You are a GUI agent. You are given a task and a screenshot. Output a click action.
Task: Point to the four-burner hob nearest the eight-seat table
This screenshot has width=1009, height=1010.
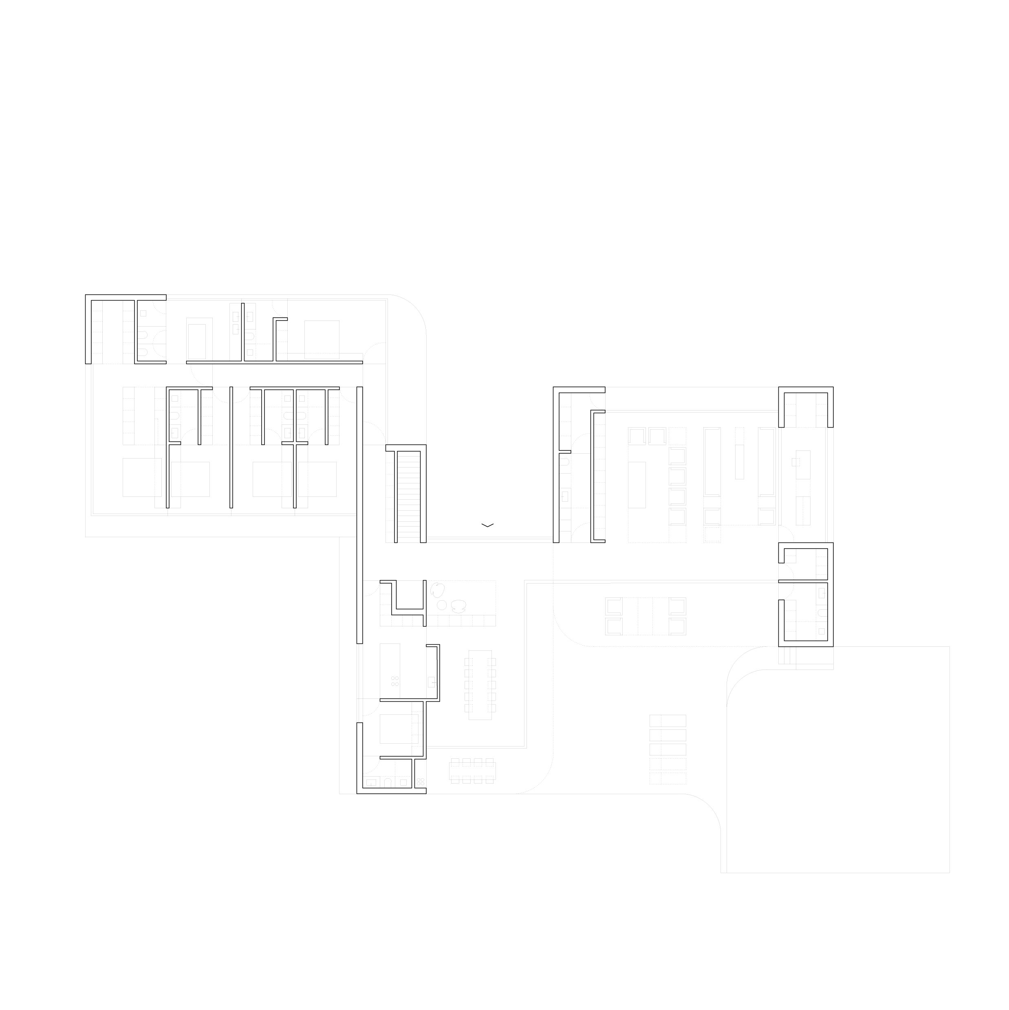pyautogui.click(x=420, y=782)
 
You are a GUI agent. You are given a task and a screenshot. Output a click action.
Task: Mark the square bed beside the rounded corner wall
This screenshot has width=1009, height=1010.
pyautogui.click(x=322, y=339)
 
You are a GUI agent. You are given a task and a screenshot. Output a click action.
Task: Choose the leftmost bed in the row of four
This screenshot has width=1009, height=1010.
pyautogui.click(x=142, y=477)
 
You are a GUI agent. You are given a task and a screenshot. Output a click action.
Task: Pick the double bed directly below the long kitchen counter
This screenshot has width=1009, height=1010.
pyautogui.click(x=399, y=728)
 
